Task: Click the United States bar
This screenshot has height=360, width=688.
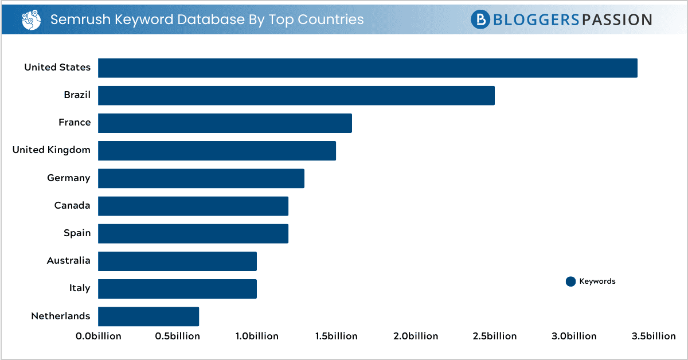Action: click(x=368, y=68)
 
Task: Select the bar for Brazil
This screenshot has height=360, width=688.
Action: click(x=296, y=95)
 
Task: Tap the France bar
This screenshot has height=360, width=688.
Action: click(x=225, y=123)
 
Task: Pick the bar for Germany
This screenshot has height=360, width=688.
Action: click(x=201, y=178)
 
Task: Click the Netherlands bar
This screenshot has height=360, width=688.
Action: click(x=148, y=316)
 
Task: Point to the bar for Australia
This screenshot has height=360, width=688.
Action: click(x=177, y=261)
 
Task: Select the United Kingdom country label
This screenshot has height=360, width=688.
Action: click(x=52, y=150)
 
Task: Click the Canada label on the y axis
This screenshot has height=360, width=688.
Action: click(x=72, y=205)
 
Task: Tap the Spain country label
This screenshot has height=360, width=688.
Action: click(x=77, y=233)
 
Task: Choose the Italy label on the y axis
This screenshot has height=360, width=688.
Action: click(x=80, y=288)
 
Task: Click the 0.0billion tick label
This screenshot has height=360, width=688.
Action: click(x=99, y=336)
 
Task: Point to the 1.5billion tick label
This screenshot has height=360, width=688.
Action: click(x=336, y=336)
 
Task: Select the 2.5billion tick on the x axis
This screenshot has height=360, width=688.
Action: click(x=495, y=336)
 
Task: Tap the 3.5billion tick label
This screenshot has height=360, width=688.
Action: click(x=654, y=336)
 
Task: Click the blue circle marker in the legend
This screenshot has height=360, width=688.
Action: click(x=570, y=281)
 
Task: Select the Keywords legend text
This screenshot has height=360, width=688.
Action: click(x=597, y=281)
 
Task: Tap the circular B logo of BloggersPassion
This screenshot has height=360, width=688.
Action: click(x=480, y=19)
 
